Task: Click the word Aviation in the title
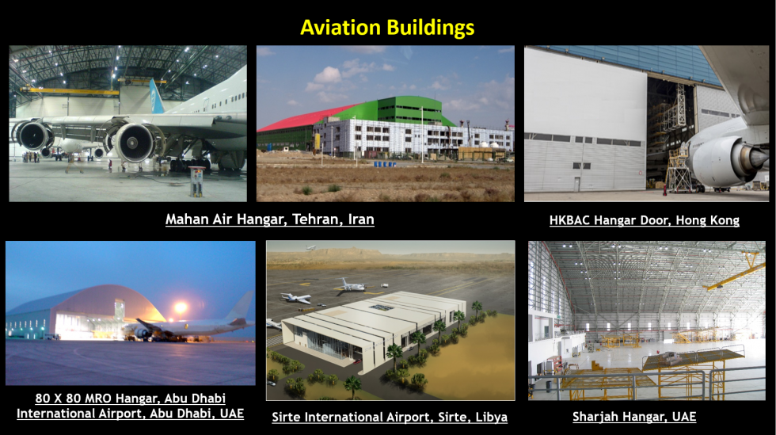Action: (x=340, y=27)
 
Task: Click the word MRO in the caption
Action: (x=98, y=399)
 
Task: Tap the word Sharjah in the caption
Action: (x=593, y=417)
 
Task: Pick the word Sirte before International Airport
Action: (x=287, y=417)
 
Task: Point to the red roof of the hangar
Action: (x=307, y=118)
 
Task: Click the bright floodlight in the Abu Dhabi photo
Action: (x=181, y=308)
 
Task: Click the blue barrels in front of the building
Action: (x=385, y=164)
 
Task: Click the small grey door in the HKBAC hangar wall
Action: (x=576, y=184)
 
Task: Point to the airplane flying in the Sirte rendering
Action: (x=310, y=247)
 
